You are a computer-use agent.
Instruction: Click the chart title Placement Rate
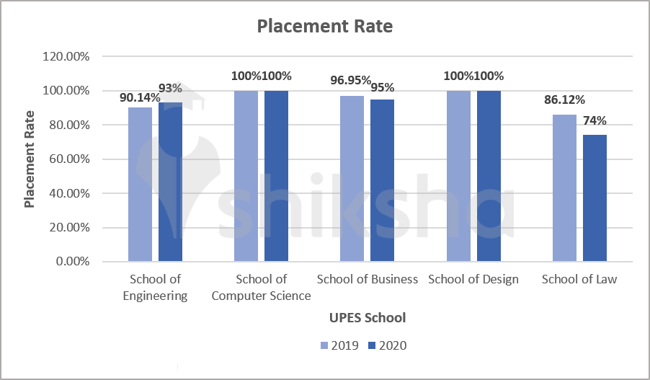click(325, 27)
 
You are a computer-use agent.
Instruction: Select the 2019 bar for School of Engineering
click(141, 185)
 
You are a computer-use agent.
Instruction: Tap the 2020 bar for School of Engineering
click(170, 182)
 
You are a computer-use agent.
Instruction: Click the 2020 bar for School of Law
click(595, 198)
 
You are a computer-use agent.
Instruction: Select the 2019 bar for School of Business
click(352, 179)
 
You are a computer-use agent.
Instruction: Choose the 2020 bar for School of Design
click(489, 176)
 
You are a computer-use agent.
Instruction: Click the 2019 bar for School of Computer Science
click(246, 176)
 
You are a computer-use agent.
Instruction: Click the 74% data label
click(595, 121)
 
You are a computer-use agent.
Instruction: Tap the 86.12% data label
click(564, 100)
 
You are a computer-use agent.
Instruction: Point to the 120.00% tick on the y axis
click(66, 56)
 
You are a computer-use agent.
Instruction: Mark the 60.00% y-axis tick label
click(68, 159)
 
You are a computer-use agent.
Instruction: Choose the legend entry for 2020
click(386, 345)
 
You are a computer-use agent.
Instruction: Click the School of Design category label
click(473, 279)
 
